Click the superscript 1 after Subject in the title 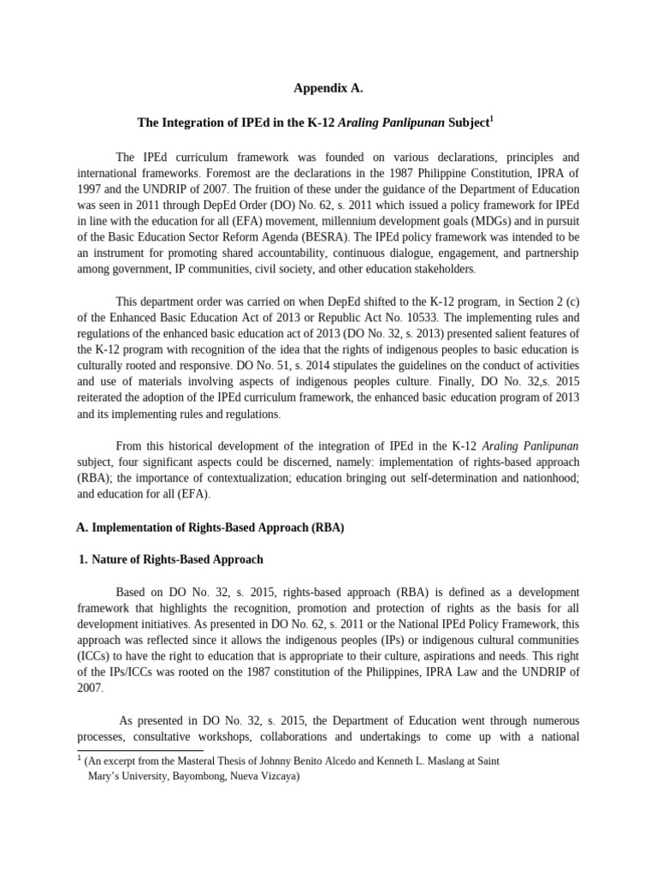490,119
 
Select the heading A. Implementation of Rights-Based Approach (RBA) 210,528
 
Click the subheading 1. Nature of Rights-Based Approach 171,559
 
